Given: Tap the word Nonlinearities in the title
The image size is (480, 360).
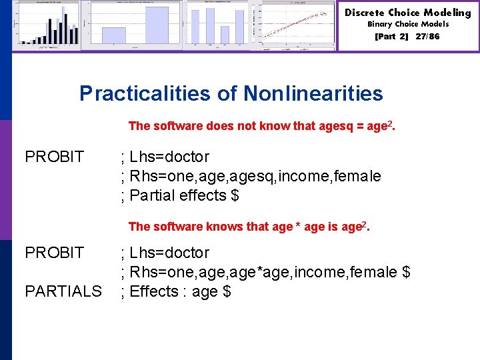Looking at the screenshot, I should [313, 93].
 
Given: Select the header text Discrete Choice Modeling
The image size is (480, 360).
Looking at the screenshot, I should [408, 13].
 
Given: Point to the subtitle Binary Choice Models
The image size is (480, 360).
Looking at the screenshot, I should [408, 24].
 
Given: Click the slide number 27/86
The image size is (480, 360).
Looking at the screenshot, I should [427, 37].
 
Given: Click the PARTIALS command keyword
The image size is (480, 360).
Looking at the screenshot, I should [63, 291].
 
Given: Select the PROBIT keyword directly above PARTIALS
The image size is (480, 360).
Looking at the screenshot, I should [55, 253].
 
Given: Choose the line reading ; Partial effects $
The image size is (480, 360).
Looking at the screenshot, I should [179, 195].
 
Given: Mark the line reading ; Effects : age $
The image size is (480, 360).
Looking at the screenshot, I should [175, 291].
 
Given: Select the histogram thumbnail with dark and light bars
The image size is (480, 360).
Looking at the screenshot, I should [47, 25].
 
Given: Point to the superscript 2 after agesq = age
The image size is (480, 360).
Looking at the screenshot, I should [390, 123].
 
